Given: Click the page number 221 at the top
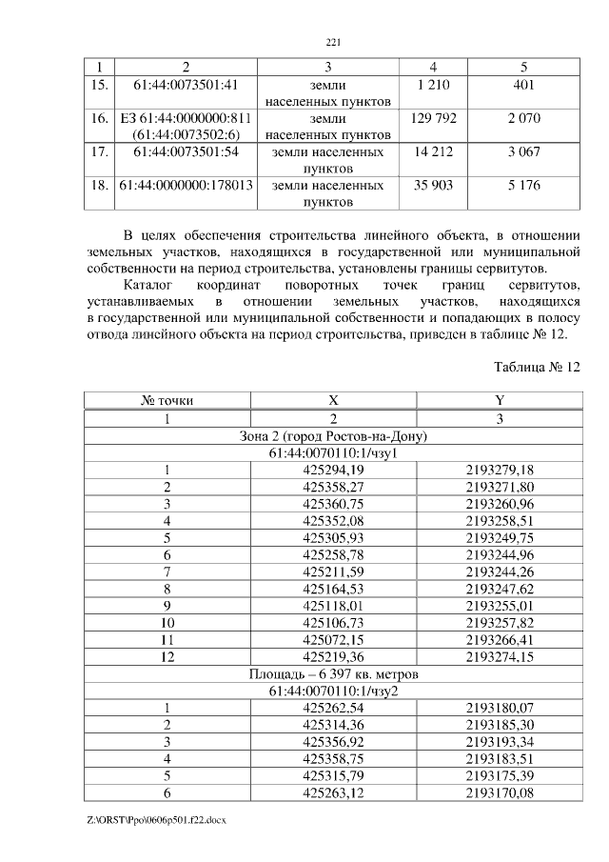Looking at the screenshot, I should coord(333,42).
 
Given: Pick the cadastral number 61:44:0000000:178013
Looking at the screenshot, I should coord(186,185).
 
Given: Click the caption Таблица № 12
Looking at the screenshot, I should coord(536,367).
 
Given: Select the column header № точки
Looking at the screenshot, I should coord(167,401).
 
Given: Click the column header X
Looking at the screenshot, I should coord(333,401).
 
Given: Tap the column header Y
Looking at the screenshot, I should coord(500,401).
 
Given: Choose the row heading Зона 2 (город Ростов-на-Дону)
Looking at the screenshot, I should coord(333,435).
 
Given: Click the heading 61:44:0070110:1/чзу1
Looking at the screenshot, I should coord(333,452).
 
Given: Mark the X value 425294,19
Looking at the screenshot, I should coord(333,470).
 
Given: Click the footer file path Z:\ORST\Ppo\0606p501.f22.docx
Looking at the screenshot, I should coord(151,820).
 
